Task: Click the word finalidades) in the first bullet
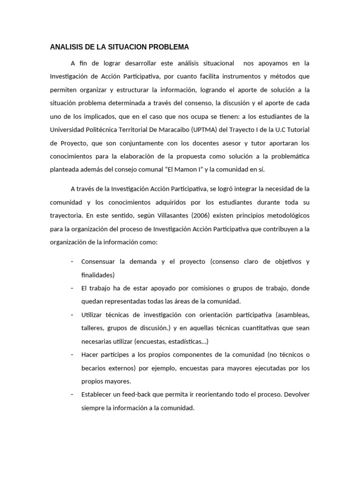click(x=98, y=275)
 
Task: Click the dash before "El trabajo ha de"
click(x=72, y=288)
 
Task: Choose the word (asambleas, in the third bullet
click(x=293, y=315)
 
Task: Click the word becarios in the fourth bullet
click(x=93, y=368)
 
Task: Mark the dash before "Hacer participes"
click(x=72, y=355)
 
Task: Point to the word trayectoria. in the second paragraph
click(x=66, y=216)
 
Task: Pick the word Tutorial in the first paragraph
click(x=298, y=130)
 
